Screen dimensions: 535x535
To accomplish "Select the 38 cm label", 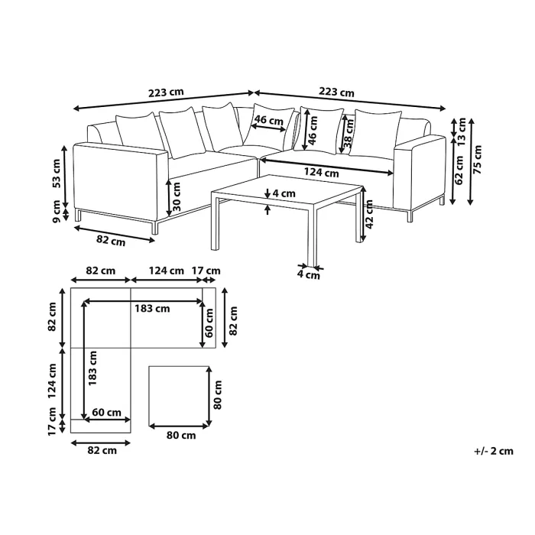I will tap(349, 131).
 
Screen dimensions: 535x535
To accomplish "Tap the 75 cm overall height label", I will tap(478, 160).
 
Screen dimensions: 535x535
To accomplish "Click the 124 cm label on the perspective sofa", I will tap(320, 173).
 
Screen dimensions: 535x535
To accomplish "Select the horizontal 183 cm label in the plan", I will tap(151, 310).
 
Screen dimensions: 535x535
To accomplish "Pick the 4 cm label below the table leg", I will tap(308, 276).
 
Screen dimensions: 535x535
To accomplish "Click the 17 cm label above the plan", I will tap(206, 271).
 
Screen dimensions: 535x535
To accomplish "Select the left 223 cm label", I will tap(167, 92).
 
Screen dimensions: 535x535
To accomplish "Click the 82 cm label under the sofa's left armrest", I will tap(112, 242).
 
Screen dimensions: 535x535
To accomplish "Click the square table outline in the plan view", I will tap(178, 395).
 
